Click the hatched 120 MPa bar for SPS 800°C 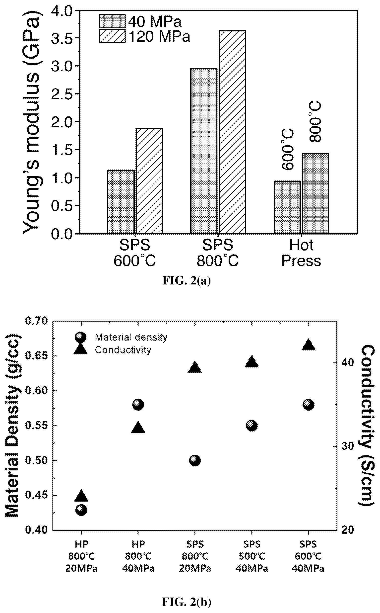pos(232,132)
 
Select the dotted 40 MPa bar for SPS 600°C pos(121,202)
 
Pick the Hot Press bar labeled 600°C pos(287,207)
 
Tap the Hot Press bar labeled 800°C pos(316,193)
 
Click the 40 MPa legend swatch pos(112,21)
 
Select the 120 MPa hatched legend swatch pos(112,36)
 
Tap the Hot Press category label pos(301,253)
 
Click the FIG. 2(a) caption pos(187,280)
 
